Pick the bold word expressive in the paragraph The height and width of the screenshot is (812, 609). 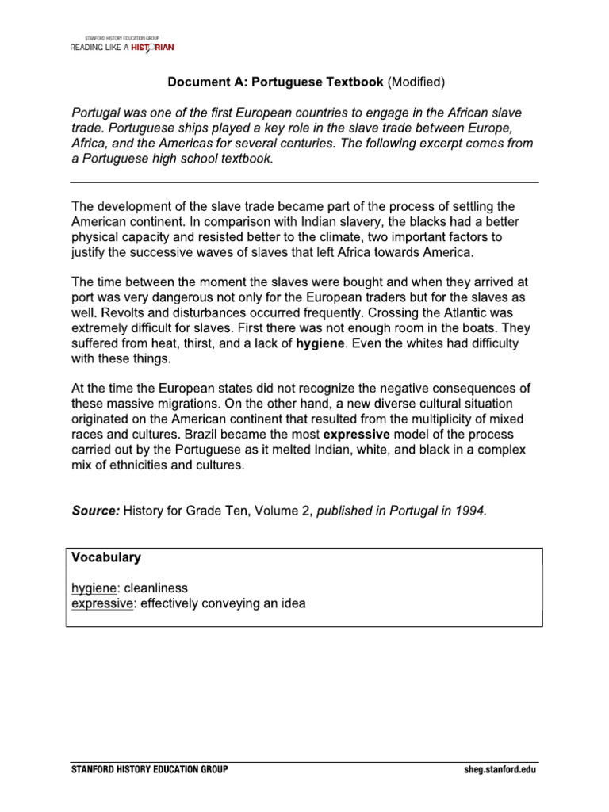[357, 435]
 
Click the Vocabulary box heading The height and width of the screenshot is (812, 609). [106, 557]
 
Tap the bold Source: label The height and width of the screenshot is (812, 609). [95, 511]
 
